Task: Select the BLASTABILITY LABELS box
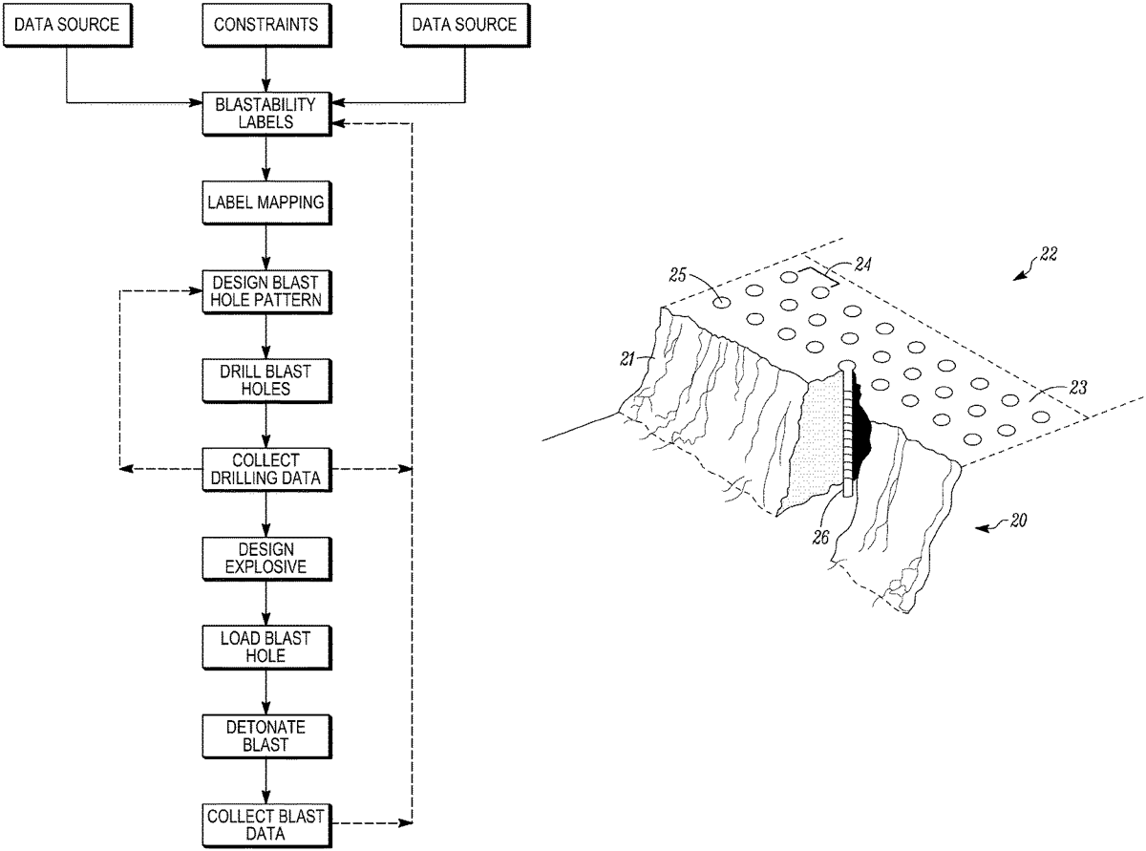pos(267,114)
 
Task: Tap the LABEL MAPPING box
pos(267,202)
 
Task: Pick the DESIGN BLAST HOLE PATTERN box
pos(267,290)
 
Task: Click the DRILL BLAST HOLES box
pos(267,380)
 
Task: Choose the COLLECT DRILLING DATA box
pos(267,469)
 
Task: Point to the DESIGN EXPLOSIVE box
pos(267,557)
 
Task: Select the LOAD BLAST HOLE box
pos(267,646)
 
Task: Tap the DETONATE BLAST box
pos(267,734)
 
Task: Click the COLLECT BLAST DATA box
pos(267,822)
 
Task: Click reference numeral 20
pos(1021,521)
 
